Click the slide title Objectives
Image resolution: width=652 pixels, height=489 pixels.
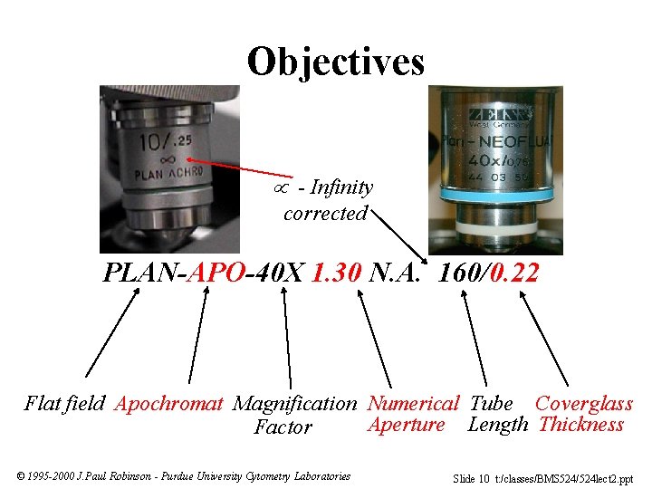335,61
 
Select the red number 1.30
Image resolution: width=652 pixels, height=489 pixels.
337,272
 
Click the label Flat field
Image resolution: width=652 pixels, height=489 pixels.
64,403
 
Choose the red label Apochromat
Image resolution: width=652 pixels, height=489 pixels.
168,404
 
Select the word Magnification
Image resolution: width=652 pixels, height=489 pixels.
294,404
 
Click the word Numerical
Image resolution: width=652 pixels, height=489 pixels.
413,403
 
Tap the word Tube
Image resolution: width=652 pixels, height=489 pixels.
492,403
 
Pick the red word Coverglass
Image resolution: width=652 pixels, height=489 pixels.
583,403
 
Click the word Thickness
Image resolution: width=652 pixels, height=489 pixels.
580,425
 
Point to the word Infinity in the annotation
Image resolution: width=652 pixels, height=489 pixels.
340,187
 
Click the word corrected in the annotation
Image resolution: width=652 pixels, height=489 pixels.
325,214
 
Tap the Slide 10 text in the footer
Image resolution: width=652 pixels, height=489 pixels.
471,477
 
